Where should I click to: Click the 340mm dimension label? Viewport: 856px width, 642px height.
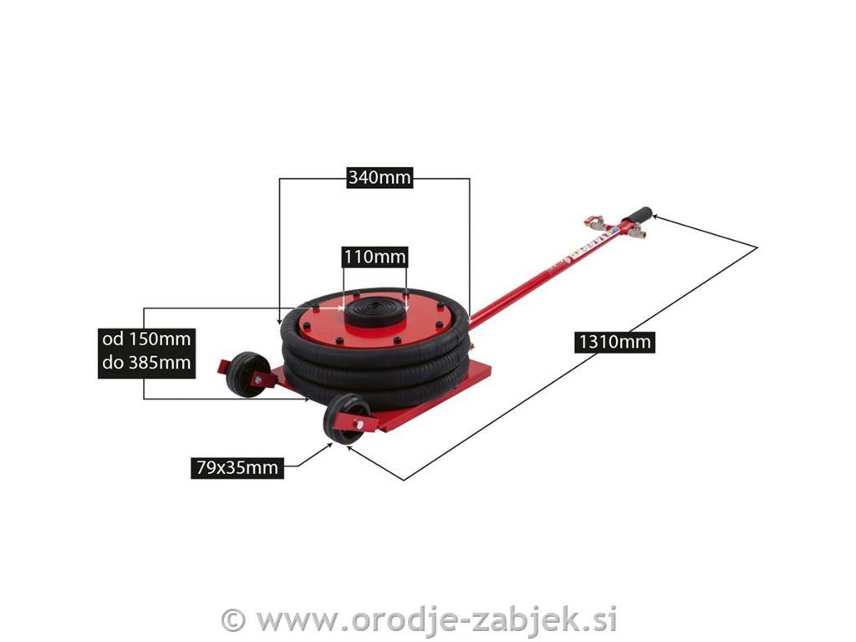380,177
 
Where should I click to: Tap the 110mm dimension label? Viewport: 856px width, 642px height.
375,256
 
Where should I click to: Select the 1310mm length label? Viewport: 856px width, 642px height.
614,342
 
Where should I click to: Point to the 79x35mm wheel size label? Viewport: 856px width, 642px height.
237,468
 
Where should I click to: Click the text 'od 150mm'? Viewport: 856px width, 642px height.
146,339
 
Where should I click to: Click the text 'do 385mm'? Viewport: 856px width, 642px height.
146,362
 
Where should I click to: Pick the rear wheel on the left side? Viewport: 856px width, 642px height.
247,374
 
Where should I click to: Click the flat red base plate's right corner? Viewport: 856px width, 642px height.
490,374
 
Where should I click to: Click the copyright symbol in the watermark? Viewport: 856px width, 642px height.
234,620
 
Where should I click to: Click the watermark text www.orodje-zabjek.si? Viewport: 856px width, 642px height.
436,620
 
